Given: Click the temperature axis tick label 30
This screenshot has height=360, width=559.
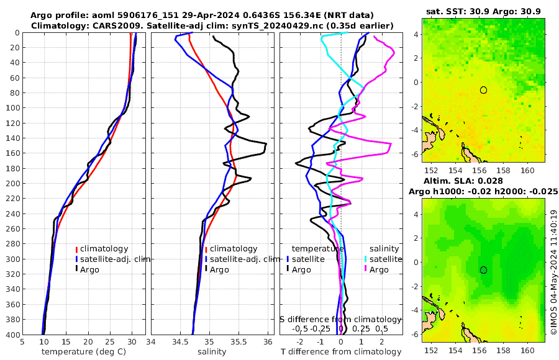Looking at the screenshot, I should (x=132, y=342).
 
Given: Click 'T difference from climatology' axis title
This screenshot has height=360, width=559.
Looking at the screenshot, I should (x=341, y=352).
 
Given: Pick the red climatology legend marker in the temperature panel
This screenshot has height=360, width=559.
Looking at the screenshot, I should (x=76, y=249).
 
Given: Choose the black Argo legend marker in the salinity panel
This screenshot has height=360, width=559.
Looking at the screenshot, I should (x=206, y=269).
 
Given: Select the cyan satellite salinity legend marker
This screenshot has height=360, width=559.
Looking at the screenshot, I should (x=366, y=259).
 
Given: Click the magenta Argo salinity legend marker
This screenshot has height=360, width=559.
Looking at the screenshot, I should (x=366, y=269).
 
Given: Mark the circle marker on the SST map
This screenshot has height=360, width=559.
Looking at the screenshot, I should (x=483, y=90).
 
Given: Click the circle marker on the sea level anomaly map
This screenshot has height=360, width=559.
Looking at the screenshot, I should (x=483, y=270).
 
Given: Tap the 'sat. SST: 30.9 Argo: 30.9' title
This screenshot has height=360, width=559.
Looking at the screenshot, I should (x=483, y=11).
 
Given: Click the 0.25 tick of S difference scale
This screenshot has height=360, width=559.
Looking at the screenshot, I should (x=361, y=328).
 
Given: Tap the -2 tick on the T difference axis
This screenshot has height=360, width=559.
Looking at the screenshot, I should (x=301, y=342).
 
